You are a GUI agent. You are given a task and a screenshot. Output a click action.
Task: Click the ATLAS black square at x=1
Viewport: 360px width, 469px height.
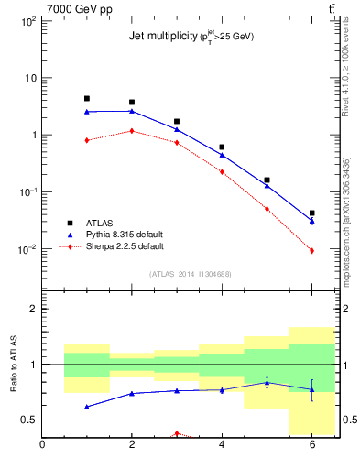click(x=87, y=98)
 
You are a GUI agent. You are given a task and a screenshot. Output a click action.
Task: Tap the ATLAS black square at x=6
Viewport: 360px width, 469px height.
click(x=311, y=213)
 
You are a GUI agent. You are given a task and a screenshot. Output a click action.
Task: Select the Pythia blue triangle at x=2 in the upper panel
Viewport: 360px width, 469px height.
click(x=132, y=111)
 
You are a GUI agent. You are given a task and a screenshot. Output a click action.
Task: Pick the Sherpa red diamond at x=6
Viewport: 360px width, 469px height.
click(x=311, y=251)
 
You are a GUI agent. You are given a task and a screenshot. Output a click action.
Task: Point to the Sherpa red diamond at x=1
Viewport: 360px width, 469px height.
click(x=87, y=140)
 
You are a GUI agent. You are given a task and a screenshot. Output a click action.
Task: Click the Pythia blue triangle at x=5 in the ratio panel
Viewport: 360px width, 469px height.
click(x=267, y=382)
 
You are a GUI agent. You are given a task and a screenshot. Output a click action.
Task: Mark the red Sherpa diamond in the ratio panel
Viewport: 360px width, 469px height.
click(x=177, y=433)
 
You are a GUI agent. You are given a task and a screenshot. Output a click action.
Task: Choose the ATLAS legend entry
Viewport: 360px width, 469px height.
click(x=102, y=223)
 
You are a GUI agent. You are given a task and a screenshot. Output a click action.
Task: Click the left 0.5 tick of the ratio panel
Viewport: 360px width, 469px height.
click(x=28, y=420)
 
